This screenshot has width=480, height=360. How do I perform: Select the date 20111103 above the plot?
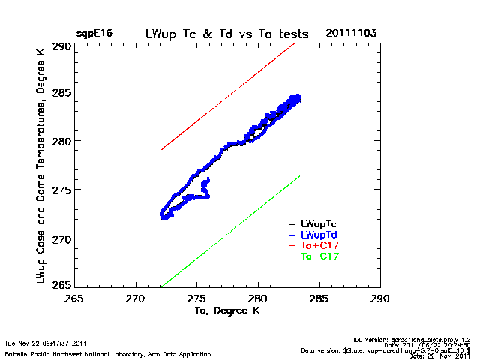click(x=351, y=34)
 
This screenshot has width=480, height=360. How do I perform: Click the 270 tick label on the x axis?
click(x=135, y=298)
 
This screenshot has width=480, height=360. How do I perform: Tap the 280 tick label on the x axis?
click(x=258, y=298)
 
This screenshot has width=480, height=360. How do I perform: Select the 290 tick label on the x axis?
click(x=380, y=298)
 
